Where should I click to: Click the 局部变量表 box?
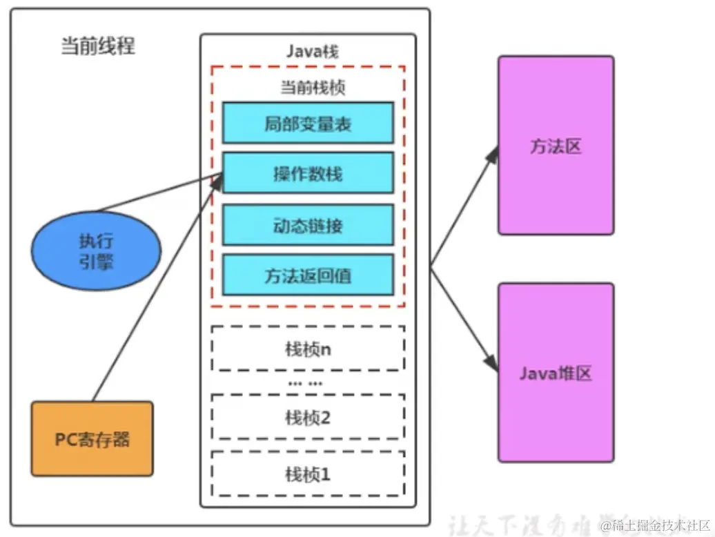pos(307,124)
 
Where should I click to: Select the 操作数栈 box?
pos(307,174)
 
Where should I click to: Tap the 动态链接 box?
pos(307,225)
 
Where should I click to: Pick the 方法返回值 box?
pos(307,275)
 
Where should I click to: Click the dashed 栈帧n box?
pos(307,349)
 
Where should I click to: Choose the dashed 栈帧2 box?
pos(307,417)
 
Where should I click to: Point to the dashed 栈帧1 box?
pos(307,473)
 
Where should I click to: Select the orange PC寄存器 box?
pos(92,439)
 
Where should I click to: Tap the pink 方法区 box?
pos(556,146)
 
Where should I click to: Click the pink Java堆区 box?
pos(556,373)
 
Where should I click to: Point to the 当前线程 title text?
pos(98,46)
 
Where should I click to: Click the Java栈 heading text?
pos(312,52)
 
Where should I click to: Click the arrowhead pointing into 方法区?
pos(493,154)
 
